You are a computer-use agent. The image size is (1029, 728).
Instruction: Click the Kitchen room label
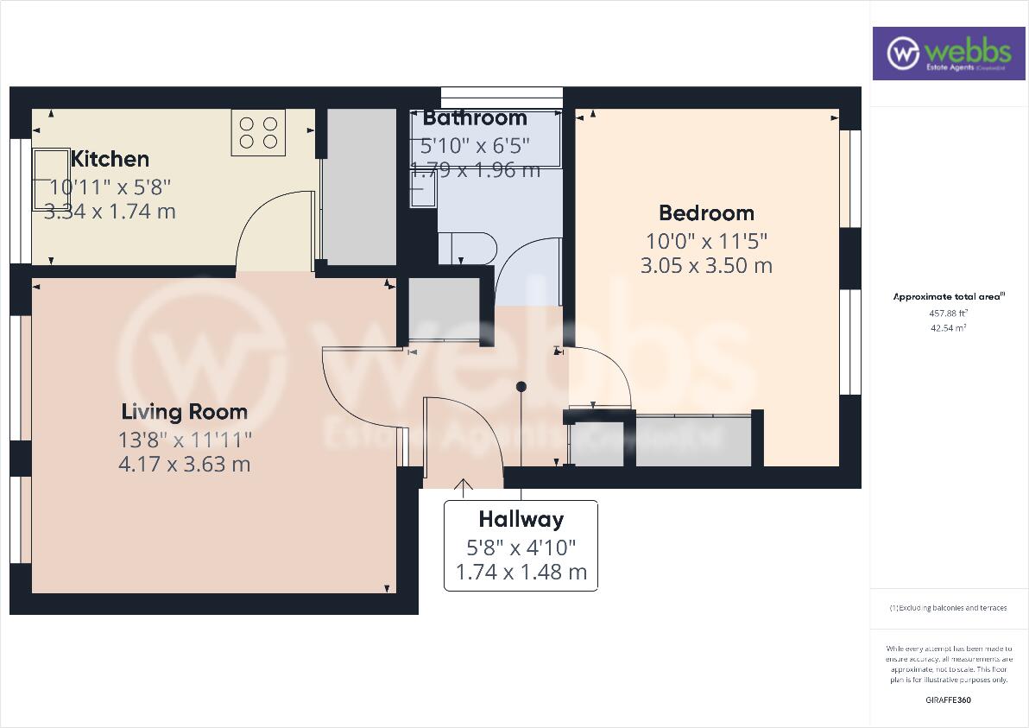point(110,159)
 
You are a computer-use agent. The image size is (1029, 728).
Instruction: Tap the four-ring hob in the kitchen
point(258,133)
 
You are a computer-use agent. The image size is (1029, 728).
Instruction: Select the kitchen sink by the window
point(51,179)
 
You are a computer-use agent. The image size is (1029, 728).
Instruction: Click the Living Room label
point(184,412)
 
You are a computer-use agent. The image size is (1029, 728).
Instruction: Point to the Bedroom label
point(706,212)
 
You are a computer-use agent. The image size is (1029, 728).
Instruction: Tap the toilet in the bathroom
point(468,248)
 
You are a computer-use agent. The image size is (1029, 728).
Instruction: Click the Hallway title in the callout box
point(521,519)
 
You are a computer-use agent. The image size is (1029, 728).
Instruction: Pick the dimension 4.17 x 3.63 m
point(184,464)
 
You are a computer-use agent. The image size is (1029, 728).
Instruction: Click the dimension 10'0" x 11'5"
point(706,240)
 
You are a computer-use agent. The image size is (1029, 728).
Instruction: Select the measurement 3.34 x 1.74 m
point(110,211)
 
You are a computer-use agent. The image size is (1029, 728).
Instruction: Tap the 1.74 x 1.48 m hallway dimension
point(521,572)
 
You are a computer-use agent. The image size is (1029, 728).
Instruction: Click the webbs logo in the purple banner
point(947,53)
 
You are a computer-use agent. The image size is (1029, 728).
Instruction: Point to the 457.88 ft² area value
point(948,313)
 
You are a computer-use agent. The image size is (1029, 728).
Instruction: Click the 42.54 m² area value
point(948,328)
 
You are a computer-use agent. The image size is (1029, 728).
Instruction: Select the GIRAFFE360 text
point(948,700)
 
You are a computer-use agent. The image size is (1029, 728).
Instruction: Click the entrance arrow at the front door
point(464,489)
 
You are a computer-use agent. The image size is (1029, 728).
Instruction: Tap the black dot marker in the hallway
point(521,386)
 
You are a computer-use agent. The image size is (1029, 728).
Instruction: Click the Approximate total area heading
point(948,296)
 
